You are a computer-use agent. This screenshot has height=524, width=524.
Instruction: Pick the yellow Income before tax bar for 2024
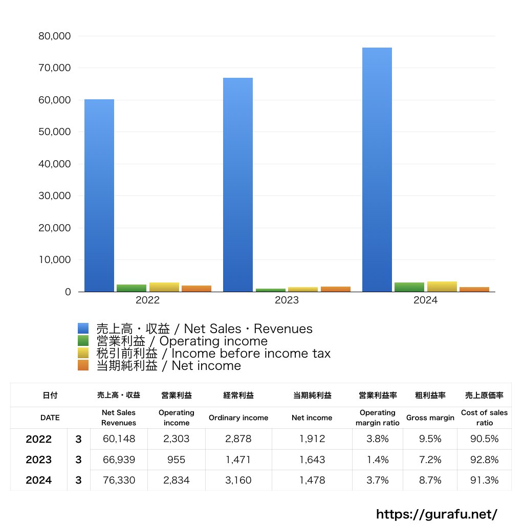[442, 287]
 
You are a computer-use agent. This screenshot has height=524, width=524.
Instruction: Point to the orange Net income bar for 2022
[196, 289]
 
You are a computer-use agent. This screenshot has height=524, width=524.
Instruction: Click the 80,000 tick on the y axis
[54, 36]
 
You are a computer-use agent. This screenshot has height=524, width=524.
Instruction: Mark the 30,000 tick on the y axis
[54, 196]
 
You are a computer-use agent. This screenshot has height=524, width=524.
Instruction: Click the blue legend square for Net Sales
[83, 329]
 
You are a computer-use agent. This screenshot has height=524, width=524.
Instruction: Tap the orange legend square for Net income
[83, 365]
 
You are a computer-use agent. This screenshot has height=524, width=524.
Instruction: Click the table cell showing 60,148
[119, 439]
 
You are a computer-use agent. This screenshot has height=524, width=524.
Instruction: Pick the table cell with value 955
[177, 460]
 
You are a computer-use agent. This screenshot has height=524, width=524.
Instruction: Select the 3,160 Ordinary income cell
[238, 481]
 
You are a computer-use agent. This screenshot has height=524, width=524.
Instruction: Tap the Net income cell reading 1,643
[312, 460]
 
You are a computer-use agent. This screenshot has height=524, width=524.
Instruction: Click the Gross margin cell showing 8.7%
[430, 481]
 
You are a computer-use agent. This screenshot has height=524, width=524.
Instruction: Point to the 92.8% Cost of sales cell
[484, 460]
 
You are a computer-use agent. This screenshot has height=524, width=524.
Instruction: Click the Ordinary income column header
[238, 418]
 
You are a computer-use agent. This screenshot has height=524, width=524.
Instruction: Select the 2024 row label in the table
[39, 481]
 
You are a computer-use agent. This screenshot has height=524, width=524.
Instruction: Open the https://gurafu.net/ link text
[436, 514]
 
